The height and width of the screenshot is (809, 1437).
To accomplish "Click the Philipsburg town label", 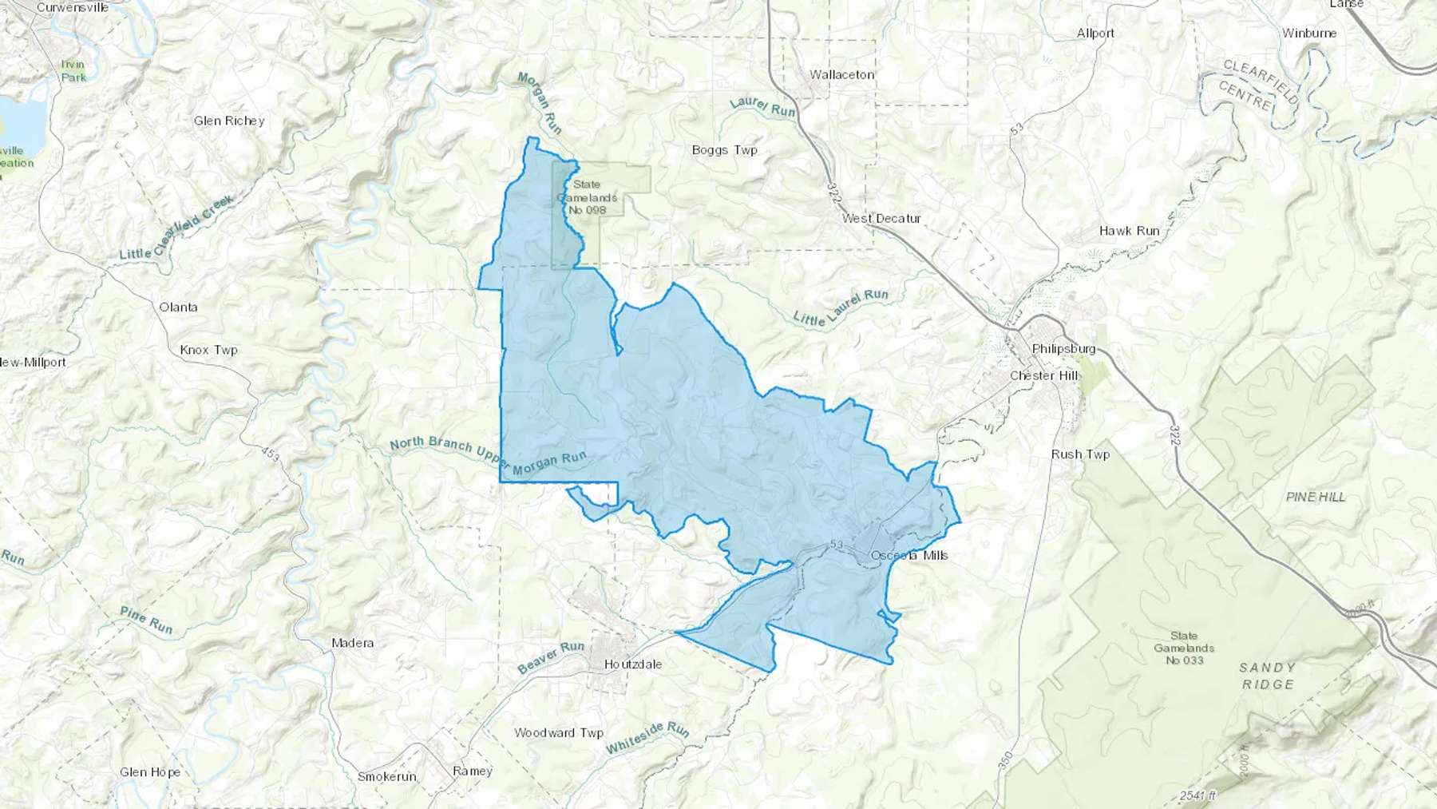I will coord(1063,349).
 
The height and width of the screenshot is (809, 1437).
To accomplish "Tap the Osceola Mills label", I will coord(909,555).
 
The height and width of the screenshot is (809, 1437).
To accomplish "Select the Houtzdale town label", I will coord(632,664).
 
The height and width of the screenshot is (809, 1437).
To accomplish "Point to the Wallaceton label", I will coord(841,74).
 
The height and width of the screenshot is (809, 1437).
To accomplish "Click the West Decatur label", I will coord(881,218).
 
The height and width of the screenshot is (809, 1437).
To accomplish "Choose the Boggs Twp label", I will coord(724,149).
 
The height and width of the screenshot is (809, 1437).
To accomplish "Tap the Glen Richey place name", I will coord(229,121).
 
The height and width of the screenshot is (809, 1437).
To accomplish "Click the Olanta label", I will coord(178,307).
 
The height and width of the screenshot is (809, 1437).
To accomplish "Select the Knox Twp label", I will coord(208,350).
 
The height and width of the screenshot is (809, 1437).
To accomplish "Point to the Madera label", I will coord(352,643).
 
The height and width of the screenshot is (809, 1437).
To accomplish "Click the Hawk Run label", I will coord(1129,231).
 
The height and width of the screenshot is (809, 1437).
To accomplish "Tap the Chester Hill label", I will coord(1044,375).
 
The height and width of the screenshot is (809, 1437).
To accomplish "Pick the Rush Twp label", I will coord(1080,454).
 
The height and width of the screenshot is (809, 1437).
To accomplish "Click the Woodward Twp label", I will coord(559,732).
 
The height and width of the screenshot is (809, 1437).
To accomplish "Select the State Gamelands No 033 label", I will coord(1184,648).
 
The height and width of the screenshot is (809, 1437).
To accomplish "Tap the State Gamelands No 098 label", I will coord(587,197).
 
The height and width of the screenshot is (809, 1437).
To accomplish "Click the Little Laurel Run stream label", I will coord(841,307).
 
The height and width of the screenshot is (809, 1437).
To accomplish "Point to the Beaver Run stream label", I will coord(551,657).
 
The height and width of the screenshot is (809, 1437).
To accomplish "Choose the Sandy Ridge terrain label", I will coord(1267,676).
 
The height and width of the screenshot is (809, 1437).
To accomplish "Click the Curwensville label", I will coord(73,7).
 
